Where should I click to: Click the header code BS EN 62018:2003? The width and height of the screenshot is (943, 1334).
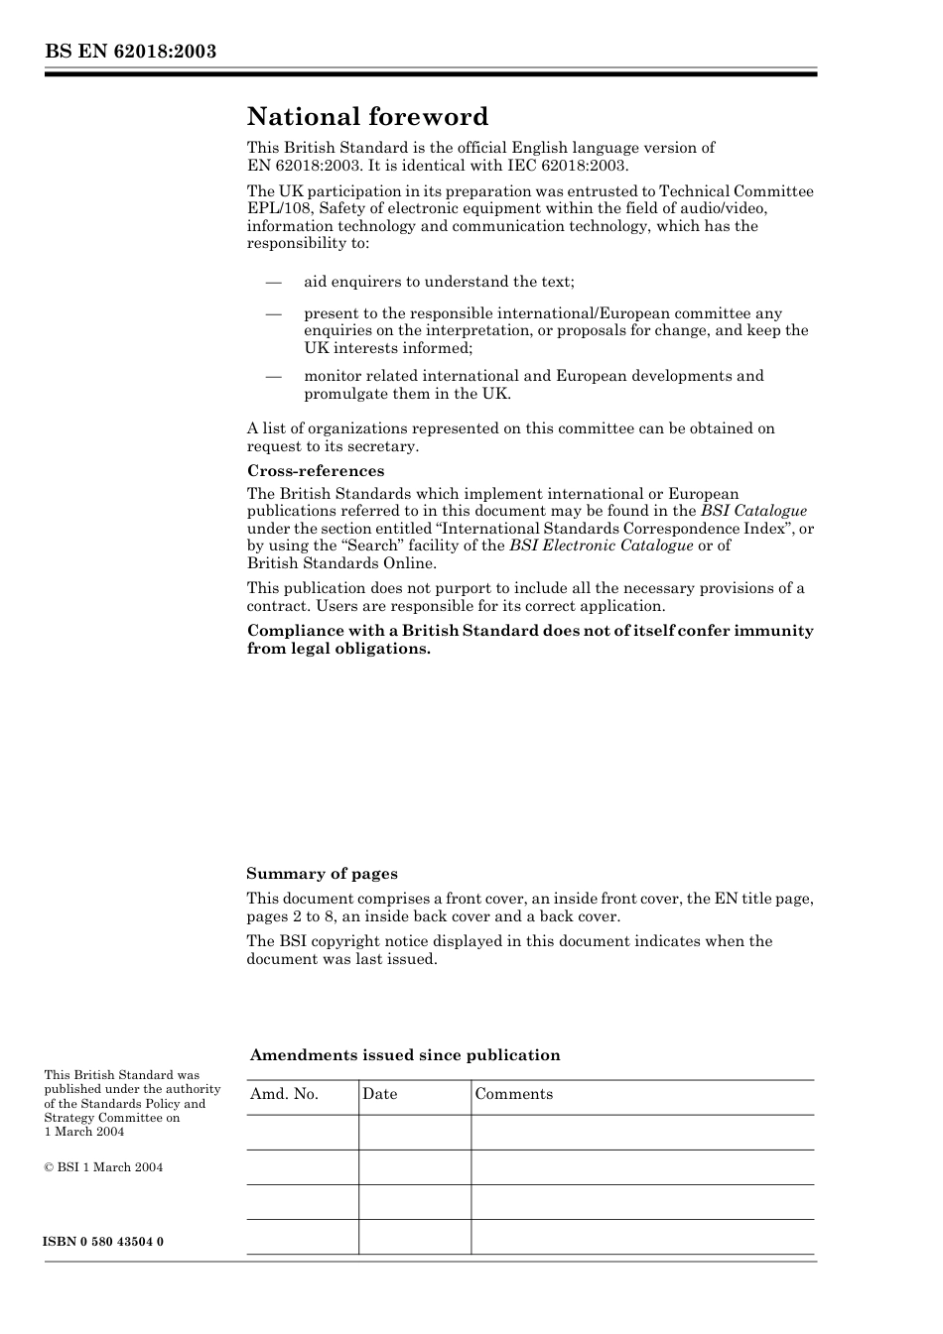tap(130, 52)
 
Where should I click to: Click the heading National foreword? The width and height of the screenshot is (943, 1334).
tap(367, 117)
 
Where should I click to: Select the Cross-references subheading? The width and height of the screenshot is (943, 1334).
tap(316, 471)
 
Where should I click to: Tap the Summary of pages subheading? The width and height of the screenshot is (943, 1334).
tap(322, 874)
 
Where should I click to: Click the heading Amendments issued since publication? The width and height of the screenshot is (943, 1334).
tap(405, 1055)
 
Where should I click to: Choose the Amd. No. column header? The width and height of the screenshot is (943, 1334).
tap(284, 1094)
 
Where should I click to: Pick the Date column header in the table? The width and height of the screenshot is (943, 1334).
tap(379, 1094)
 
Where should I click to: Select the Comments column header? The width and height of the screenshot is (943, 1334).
tap(513, 1094)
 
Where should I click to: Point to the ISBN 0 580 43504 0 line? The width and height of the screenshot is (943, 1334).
tap(104, 1242)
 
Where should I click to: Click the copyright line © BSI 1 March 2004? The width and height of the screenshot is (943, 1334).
tap(103, 1167)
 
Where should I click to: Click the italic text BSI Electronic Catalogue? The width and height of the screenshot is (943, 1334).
tap(601, 546)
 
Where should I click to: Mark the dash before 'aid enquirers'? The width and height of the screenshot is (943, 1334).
tap(274, 282)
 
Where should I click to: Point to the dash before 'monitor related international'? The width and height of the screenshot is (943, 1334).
tap(274, 376)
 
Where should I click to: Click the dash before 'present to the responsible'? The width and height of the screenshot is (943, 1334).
tap(274, 313)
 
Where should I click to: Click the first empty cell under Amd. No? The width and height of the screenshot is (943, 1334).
tap(302, 1133)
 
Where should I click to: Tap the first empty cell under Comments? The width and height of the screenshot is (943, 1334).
tap(641, 1133)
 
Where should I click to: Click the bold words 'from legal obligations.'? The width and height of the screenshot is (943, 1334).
tap(338, 649)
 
